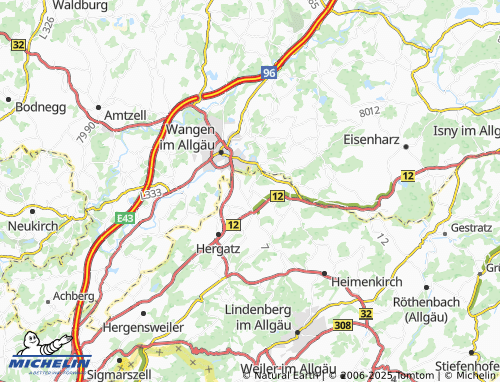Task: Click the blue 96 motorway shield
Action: (269, 73)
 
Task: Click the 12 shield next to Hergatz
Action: (232, 225)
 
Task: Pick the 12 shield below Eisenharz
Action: (408, 175)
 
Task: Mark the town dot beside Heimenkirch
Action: (325, 272)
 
